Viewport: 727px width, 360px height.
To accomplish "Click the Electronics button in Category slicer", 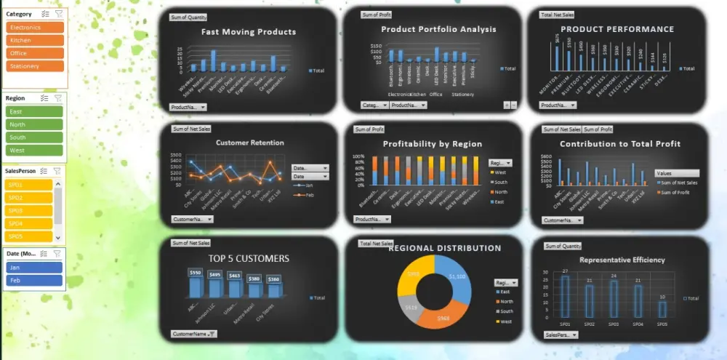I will [x=35, y=28].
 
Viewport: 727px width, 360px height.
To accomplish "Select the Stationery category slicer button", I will [x=35, y=66].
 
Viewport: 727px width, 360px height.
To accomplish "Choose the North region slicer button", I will [x=35, y=124].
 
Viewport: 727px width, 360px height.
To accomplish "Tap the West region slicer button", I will [x=35, y=151].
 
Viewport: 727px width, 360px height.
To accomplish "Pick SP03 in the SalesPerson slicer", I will [x=28, y=210].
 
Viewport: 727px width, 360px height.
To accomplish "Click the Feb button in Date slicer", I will [x=35, y=280].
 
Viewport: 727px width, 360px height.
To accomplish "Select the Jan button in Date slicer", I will [x=35, y=267].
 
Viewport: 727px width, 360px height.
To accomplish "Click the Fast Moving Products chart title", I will [x=249, y=32].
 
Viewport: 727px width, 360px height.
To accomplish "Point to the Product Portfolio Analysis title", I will [x=438, y=29].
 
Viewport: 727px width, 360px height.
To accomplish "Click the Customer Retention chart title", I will [x=249, y=143].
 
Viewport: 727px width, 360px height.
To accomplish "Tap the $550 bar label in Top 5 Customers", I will [x=195, y=273].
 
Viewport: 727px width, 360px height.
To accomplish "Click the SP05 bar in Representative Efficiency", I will [x=662, y=308].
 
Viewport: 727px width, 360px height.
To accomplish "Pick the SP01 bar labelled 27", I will [x=565, y=296].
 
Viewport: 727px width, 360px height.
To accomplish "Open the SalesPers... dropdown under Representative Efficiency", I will [x=561, y=335].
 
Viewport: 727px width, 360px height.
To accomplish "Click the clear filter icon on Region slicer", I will [x=58, y=97].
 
